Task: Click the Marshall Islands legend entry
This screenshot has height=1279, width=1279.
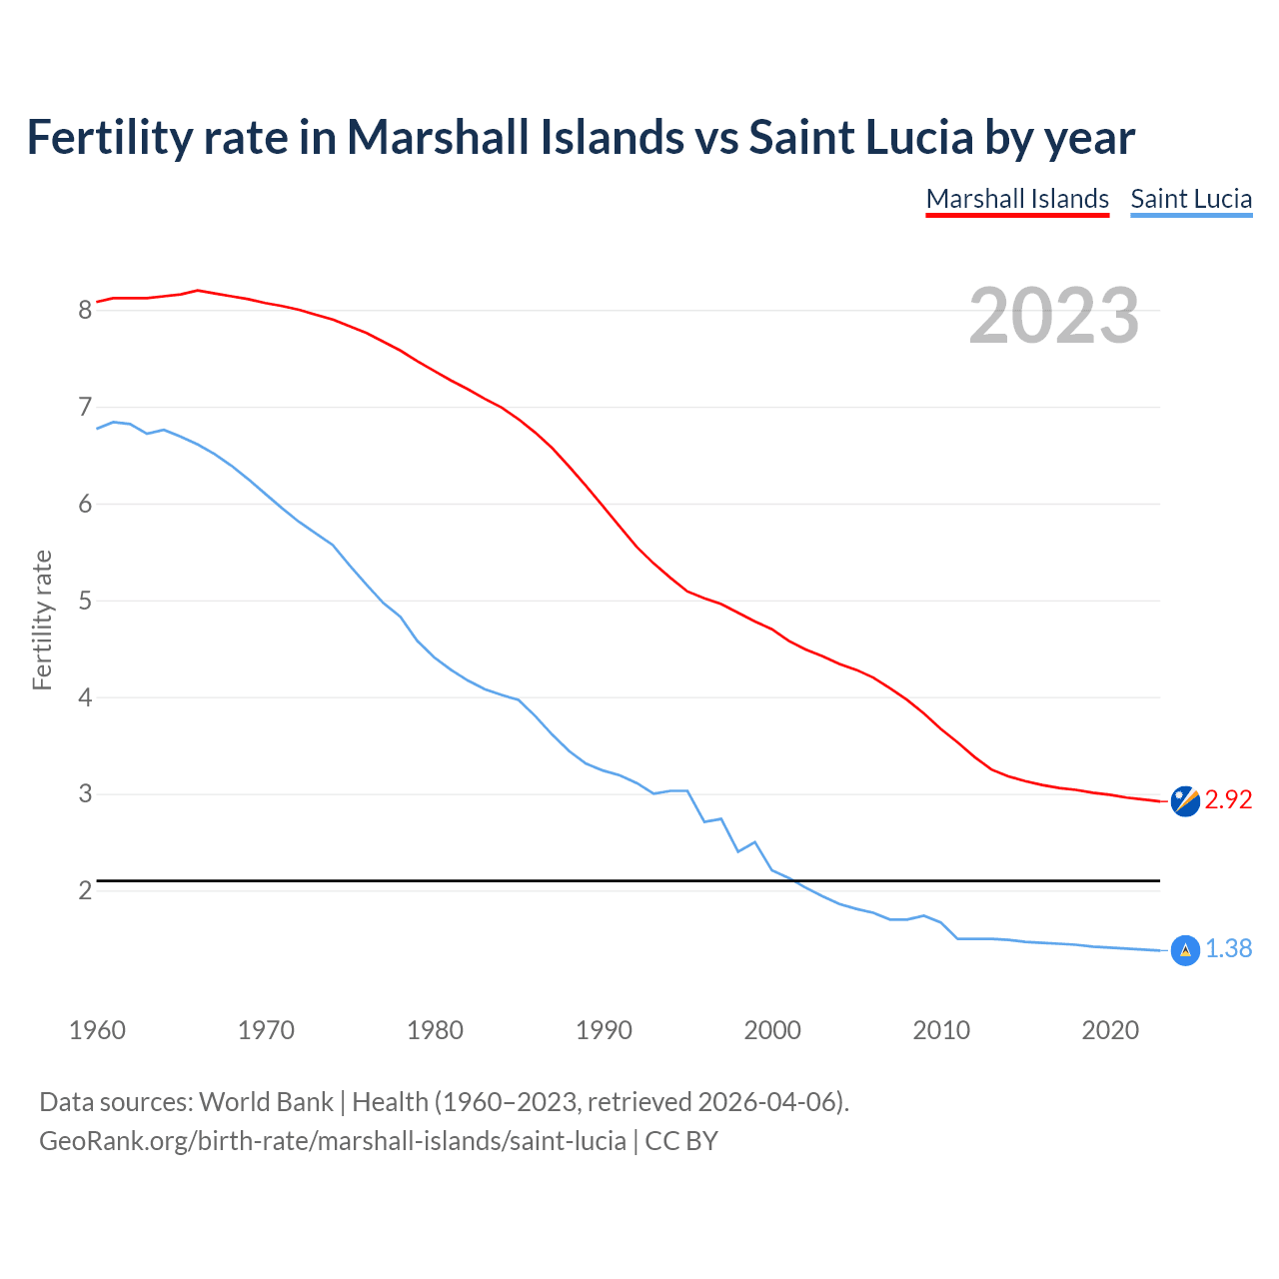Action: point(1017,199)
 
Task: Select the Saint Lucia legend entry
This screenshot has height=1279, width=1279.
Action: point(1191,199)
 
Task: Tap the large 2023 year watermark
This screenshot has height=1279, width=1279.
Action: point(1053,316)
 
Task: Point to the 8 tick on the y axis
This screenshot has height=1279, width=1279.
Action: point(85,310)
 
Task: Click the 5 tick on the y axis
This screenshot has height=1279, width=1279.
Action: point(85,601)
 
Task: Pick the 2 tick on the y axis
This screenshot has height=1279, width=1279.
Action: point(85,890)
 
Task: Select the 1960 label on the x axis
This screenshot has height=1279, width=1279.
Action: point(97,1030)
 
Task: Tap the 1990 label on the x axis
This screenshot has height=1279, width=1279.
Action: point(604,1030)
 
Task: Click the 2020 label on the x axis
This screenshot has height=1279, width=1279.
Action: point(1110,1030)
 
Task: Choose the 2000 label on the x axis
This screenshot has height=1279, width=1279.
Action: point(772,1030)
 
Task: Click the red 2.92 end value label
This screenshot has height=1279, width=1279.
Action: point(1228,800)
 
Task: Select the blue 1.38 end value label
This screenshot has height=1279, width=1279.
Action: point(1228,949)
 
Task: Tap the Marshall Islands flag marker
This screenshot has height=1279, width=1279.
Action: point(1185,801)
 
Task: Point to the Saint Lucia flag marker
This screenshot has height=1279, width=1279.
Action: point(1185,950)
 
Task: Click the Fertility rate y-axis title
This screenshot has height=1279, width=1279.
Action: point(42,620)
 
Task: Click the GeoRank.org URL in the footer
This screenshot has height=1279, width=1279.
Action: point(332,1141)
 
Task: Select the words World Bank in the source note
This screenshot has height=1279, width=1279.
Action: point(266,1102)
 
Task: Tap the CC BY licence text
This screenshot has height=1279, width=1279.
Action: point(681,1141)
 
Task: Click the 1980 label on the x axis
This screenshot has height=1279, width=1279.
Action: point(435,1030)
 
